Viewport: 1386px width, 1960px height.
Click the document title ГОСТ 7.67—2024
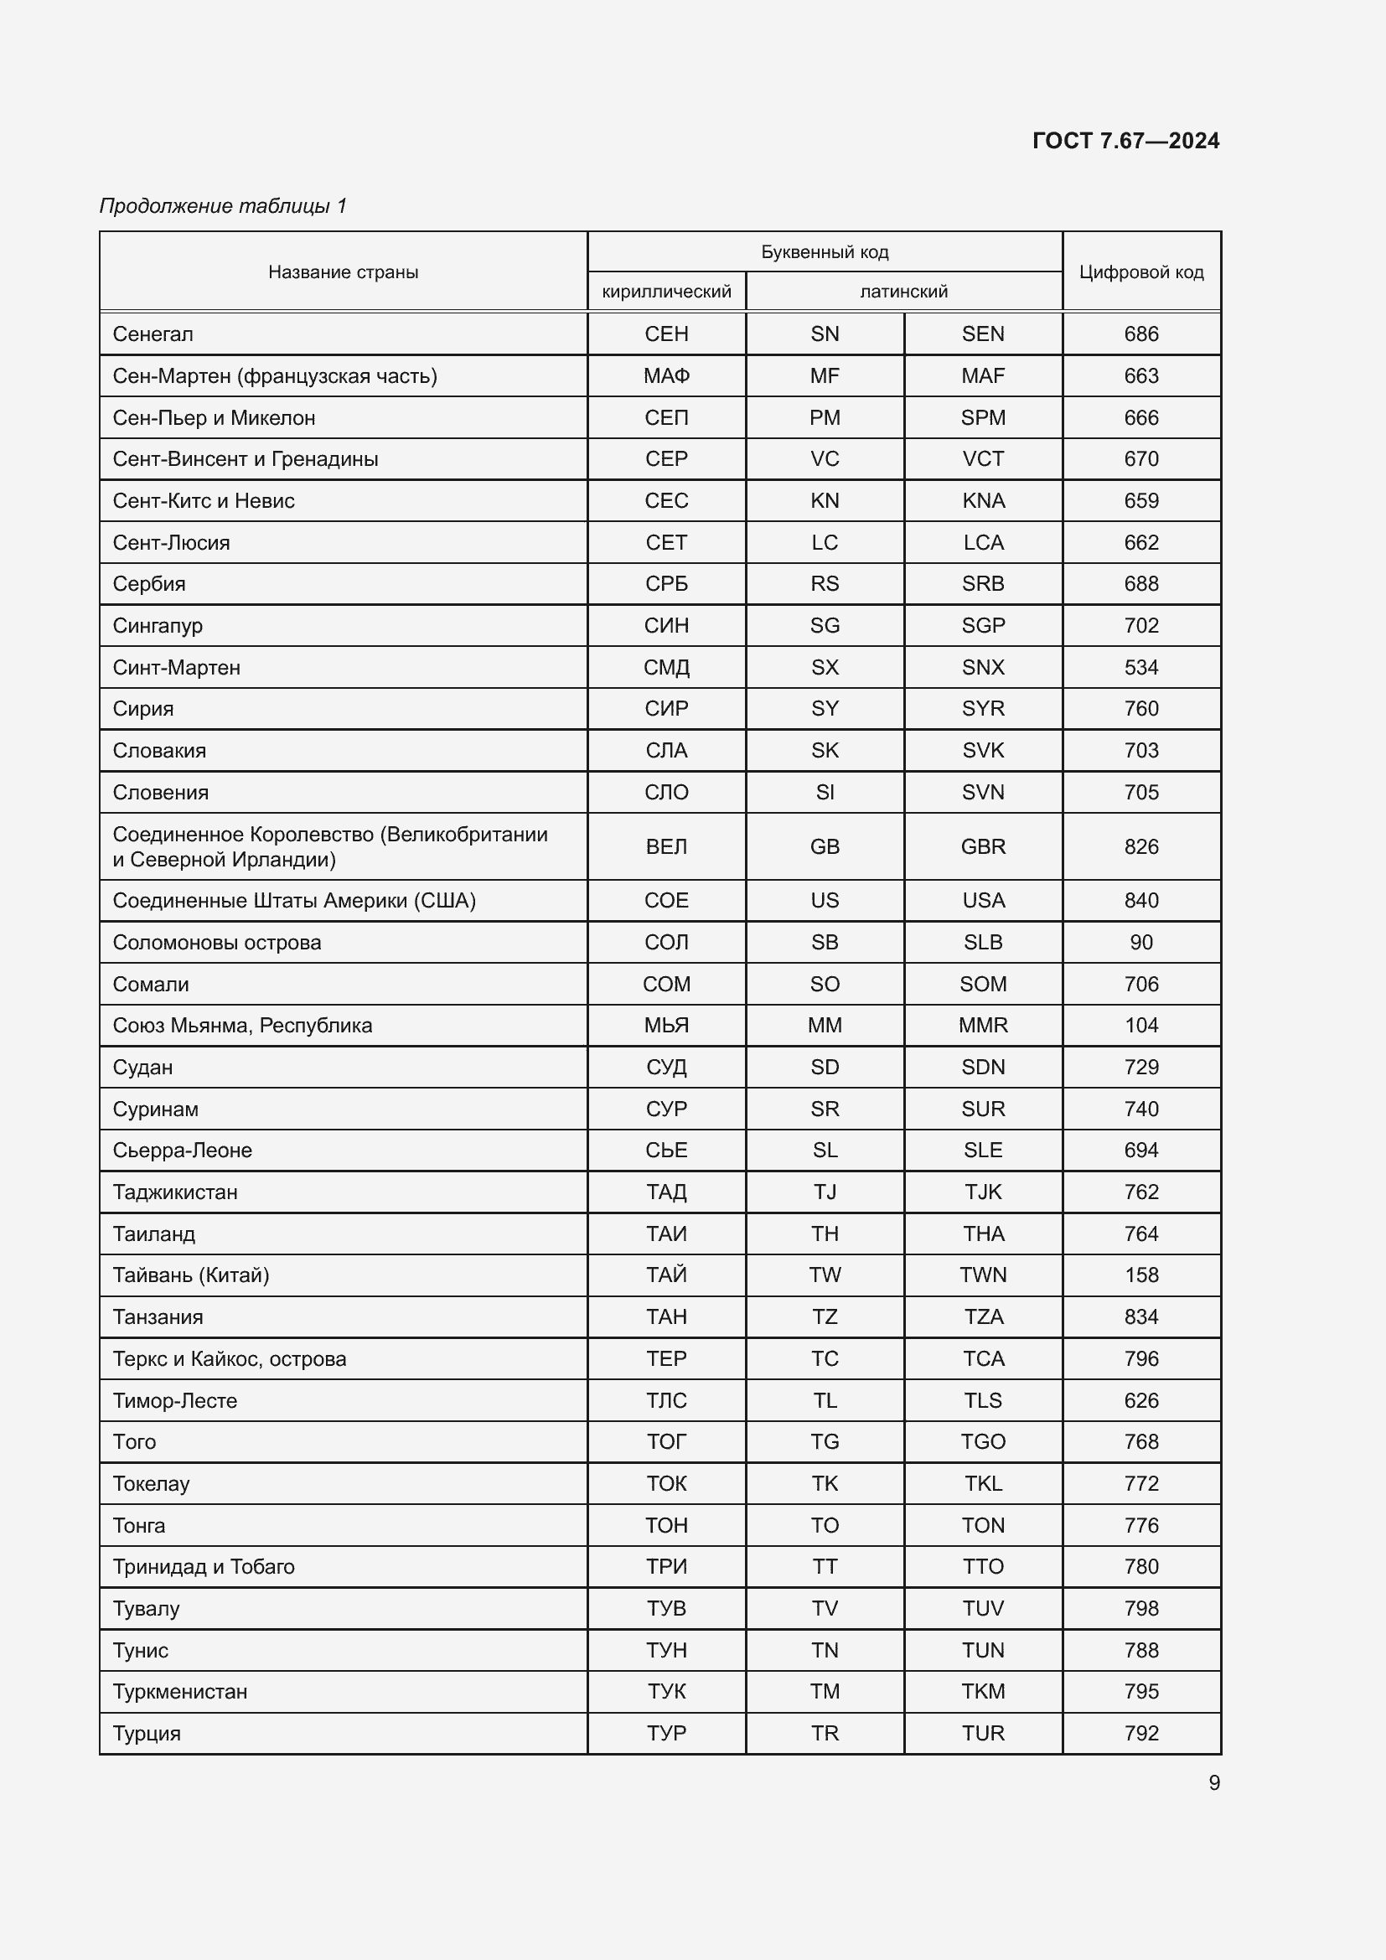[1125, 141]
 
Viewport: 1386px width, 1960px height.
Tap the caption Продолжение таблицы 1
[223, 206]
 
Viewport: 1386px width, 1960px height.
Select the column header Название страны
[343, 272]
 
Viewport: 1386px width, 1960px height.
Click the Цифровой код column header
[1141, 272]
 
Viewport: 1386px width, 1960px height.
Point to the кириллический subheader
[666, 292]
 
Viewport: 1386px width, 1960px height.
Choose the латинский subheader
[904, 292]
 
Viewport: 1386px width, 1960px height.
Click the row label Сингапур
[158, 626]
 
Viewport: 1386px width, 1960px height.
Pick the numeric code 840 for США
[1141, 901]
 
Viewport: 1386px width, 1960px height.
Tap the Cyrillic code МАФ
[666, 376]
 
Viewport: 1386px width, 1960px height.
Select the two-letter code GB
[825, 847]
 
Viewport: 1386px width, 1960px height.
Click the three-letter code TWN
[983, 1275]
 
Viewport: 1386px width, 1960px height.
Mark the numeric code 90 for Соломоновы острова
[1141, 943]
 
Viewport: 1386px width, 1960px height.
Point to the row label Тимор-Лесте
[175, 1401]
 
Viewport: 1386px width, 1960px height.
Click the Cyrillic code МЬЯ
[666, 1025]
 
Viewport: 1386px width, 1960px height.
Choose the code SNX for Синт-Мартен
[983, 668]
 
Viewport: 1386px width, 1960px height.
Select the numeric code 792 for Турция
[1141, 1734]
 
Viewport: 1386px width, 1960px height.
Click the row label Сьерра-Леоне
[183, 1151]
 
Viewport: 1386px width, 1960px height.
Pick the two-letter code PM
[825, 418]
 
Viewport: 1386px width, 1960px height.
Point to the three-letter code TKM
[983, 1692]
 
